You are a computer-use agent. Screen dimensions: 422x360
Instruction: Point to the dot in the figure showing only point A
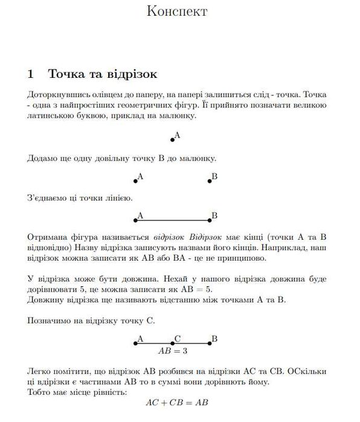(x=173, y=139)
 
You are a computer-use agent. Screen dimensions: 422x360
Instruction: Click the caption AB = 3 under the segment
(x=173, y=350)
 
